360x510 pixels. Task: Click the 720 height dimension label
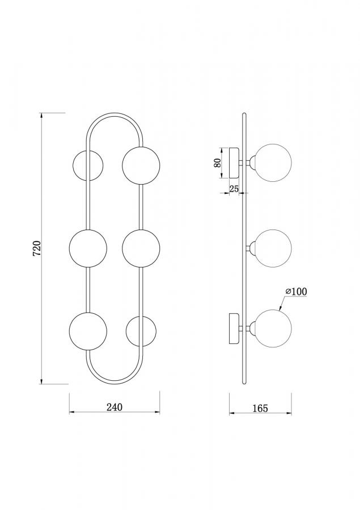(x=37, y=248)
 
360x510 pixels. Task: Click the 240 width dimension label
(x=115, y=407)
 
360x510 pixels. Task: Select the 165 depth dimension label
(x=260, y=408)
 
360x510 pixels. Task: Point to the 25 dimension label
(x=234, y=189)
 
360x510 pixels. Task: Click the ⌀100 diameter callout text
(x=296, y=291)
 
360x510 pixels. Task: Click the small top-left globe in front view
(x=88, y=165)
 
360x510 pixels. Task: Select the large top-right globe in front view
(x=141, y=165)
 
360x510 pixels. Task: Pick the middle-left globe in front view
(x=88, y=249)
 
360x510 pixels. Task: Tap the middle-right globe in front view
(x=141, y=249)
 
